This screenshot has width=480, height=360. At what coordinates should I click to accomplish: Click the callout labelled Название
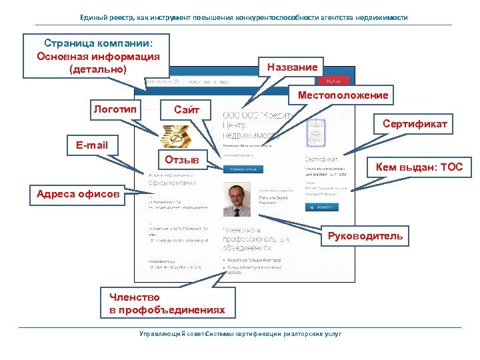click(292, 67)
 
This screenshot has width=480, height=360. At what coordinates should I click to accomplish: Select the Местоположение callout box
click(343, 95)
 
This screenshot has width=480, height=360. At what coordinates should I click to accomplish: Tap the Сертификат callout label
click(415, 124)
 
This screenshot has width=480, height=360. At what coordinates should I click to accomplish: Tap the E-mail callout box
click(91, 144)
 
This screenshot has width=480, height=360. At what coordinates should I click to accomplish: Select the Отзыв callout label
click(181, 160)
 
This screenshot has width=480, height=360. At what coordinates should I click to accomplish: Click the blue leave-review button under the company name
click(243, 169)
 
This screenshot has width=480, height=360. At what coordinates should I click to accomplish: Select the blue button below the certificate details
click(321, 207)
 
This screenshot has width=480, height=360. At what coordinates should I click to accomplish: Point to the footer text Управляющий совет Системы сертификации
click(239, 334)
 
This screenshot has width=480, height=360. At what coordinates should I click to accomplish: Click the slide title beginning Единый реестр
click(239, 17)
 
